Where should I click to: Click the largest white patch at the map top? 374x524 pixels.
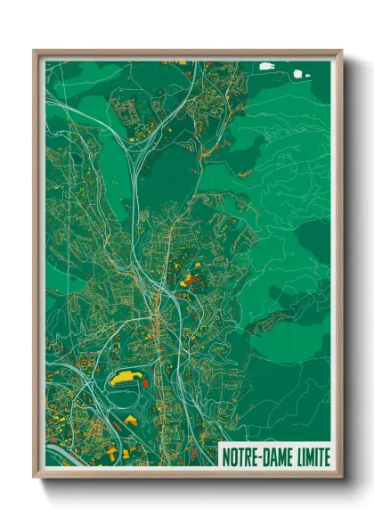(x=266, y=66)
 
